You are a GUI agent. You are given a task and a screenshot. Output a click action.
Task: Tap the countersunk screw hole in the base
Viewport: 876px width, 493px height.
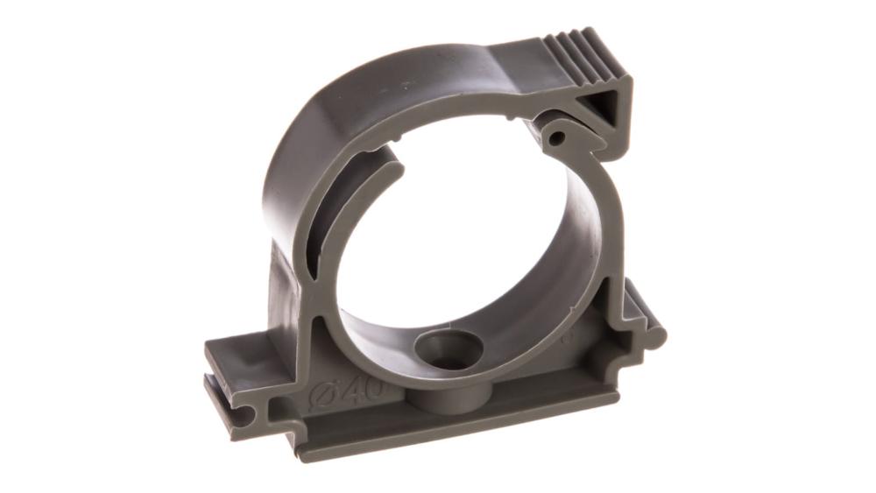(449, 349)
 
